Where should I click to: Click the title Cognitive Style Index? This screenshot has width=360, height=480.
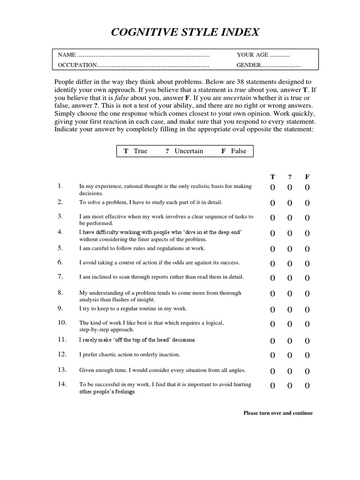coord(185,32)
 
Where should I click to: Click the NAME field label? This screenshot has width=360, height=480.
coord(66,55)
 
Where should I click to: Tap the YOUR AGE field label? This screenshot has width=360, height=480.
coord(253,55)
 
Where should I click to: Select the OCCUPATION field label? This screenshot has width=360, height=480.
coord(77,65)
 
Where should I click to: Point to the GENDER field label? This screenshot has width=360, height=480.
coord(248,65)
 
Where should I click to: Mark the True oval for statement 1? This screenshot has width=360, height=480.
coord(272,188)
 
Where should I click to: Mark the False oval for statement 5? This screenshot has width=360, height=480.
coord(307,249)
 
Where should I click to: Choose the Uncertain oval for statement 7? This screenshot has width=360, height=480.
coord(290,278)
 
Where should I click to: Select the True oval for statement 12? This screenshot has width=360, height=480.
coord(272,356)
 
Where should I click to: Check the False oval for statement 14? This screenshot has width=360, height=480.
coord(307,386)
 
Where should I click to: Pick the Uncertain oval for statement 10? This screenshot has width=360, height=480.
coord(290,324)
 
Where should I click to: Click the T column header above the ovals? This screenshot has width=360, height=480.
coord(272,177)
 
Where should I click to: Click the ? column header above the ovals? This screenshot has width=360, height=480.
coord(290,177)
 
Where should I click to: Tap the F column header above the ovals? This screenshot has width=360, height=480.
coord(307,177)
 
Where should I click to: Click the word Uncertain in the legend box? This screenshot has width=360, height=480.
coord(188,151)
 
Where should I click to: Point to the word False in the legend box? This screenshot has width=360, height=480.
coord(239,151)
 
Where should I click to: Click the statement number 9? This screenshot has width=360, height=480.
coord(60,308)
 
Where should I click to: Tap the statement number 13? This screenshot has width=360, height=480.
coord(62,369)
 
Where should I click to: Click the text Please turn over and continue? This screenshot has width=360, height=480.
coord(278,413)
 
